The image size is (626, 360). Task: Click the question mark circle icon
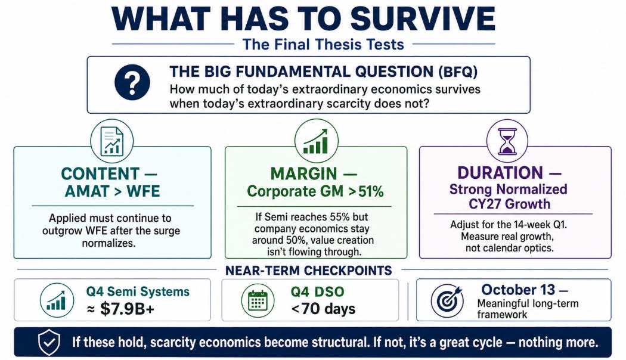point(132,82)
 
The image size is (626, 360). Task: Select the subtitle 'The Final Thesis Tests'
point(323,44)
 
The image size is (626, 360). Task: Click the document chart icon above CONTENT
point(112,141)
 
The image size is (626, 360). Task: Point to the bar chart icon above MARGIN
point(316,141)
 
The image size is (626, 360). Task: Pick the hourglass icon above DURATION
point(507,141)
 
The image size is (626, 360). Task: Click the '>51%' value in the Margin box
point(366,191)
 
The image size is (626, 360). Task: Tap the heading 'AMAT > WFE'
point(112,191)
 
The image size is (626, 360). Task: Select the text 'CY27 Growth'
point(509,204)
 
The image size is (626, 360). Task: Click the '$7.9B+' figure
point(127,309)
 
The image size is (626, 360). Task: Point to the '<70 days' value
point(323,309)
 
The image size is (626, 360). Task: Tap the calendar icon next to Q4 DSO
point(258,300)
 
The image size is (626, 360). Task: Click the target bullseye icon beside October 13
point(447,300)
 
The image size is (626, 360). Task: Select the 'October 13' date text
point(518,290)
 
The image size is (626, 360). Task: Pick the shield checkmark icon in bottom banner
point(49,342)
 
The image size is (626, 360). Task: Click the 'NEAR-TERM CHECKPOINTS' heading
point(309,271)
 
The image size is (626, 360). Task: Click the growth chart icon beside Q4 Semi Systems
point(57,300)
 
